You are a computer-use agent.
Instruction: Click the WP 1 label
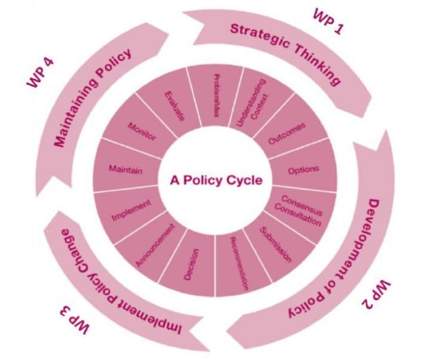click(x=328, y=23)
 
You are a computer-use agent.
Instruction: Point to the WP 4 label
click(x=44, y=72)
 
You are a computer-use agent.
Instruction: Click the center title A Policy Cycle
click(x=216, y=180)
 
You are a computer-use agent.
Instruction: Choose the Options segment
click(x=303, y=170)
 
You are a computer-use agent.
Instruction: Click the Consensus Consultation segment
click(x=297, y=210)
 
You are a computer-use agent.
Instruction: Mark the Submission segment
click(x=276, y=245)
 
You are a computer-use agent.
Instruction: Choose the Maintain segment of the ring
click(x=125, y=170)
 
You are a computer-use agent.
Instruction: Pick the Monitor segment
click(x=142, y=131)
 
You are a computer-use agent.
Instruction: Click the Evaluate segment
click(x=174, y=104)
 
